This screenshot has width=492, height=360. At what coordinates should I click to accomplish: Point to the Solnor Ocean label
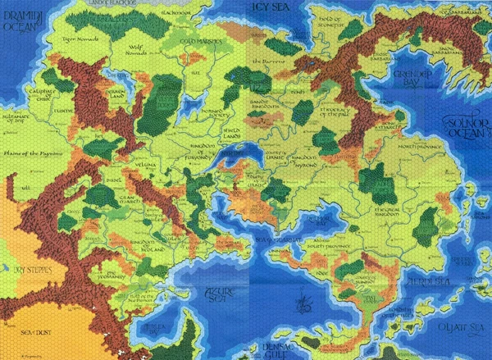coord(467,126)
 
